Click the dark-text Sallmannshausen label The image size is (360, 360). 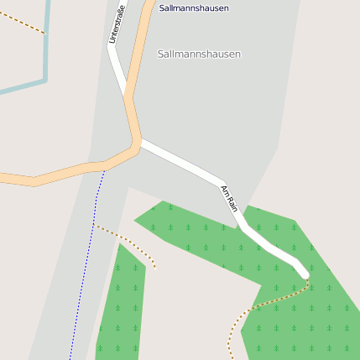click(x=194, y=8)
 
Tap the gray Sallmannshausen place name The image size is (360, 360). click(x=199, y=54)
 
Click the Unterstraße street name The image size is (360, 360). click(x=117, y=24)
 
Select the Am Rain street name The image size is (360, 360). click(x=229, y=198)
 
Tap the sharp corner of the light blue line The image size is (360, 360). click(x=44, y=81)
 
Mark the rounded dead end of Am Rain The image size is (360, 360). click(x=304, y=274)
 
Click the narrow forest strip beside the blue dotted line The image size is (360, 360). click(x=123, y=302)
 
